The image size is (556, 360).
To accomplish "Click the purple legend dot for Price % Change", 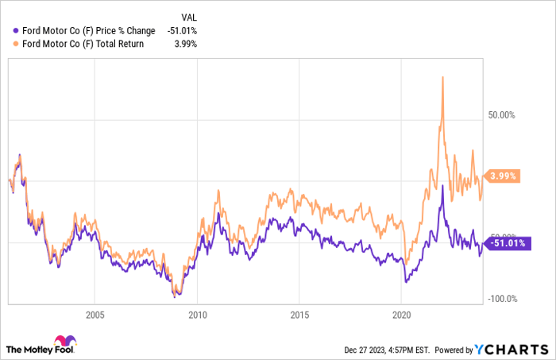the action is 16,31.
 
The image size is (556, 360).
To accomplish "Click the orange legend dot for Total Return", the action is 16,44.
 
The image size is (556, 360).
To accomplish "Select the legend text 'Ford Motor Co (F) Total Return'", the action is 83,44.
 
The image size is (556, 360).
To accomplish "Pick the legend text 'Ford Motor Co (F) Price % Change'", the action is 89,31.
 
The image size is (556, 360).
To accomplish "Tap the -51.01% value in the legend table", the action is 182,31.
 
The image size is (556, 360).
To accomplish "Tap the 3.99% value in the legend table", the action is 185,44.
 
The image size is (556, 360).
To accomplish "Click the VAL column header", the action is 189,17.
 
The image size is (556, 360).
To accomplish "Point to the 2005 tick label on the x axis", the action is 95,315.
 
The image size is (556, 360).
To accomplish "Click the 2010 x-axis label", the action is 198,315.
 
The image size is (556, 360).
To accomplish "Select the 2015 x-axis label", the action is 299,315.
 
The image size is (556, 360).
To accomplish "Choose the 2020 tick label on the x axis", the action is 401,315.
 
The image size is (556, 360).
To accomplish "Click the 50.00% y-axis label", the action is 501,115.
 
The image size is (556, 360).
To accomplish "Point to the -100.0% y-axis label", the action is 503,299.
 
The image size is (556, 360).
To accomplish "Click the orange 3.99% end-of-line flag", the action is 502,176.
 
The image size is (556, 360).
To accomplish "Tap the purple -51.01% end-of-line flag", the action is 508,243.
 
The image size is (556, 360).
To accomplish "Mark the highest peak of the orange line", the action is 442,77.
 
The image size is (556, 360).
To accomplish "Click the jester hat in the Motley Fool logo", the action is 65,341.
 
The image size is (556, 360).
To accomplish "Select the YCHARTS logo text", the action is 512,350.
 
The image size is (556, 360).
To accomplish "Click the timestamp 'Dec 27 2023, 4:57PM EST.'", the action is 387,350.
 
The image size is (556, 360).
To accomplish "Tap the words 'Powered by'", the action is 454,350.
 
